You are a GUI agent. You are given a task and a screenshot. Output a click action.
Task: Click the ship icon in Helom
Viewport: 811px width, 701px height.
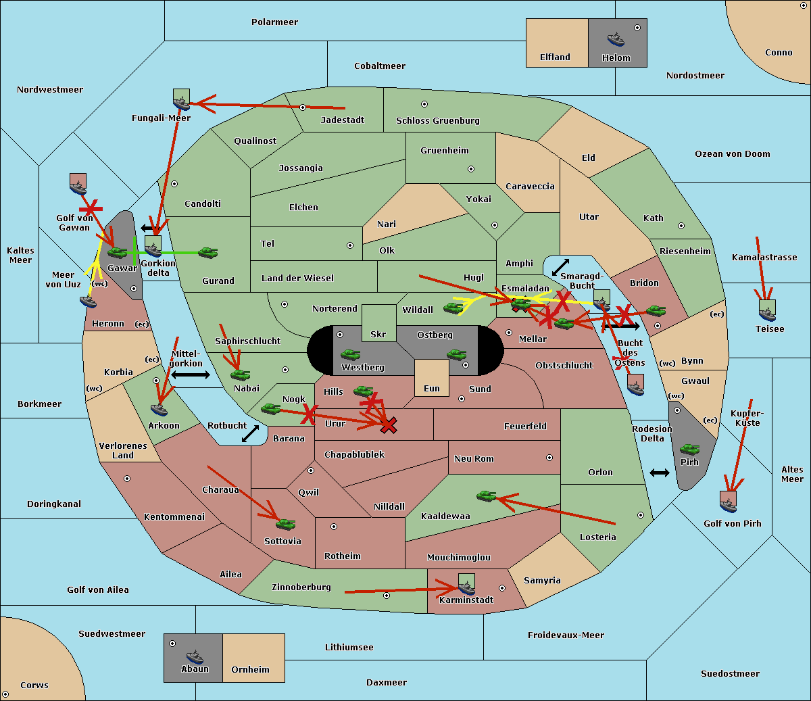[616, 39]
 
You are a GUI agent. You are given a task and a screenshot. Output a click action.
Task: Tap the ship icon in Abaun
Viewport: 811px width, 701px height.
[195, 656]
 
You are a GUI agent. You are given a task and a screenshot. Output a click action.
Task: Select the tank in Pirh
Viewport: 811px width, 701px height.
[689, 449]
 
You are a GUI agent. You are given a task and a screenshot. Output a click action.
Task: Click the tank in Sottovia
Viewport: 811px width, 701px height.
[285, 524]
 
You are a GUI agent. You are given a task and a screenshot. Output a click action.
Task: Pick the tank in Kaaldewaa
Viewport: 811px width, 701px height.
[486, 495]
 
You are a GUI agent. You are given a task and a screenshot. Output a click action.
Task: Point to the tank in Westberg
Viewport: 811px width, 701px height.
[350, 354]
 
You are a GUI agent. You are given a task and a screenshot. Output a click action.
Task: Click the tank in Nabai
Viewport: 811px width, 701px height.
[240, 374]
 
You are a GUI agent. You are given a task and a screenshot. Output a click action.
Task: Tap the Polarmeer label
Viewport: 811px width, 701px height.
[274, 22]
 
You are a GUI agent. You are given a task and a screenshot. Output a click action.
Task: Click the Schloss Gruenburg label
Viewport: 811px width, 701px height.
[438, 120]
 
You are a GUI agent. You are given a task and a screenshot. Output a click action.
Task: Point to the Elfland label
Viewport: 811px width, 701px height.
[555, 57]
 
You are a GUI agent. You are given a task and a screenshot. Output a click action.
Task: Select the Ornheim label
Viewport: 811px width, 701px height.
[250, 669]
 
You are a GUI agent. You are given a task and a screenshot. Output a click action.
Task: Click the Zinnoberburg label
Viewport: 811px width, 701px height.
[301, 587]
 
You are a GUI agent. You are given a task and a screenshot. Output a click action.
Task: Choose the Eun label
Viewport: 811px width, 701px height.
[432, 388]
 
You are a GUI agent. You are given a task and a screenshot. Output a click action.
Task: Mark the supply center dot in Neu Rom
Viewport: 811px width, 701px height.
[549, 458]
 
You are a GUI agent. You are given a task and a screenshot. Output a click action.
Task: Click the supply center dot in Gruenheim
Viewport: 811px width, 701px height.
[471, 169]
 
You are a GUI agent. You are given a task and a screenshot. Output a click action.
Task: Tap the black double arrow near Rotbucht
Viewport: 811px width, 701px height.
[250, 434]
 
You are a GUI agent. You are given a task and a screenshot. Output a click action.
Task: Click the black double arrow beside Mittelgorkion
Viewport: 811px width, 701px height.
[191, 375]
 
